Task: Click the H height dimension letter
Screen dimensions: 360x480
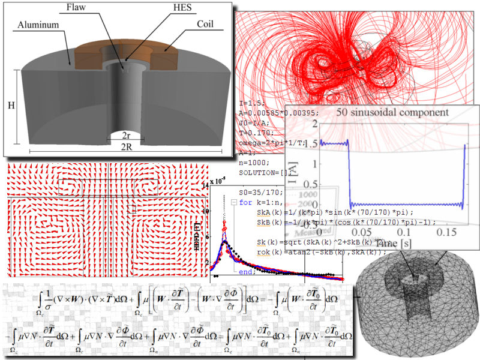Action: coord(11,105)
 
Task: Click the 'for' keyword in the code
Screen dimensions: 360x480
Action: coord(245,202)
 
